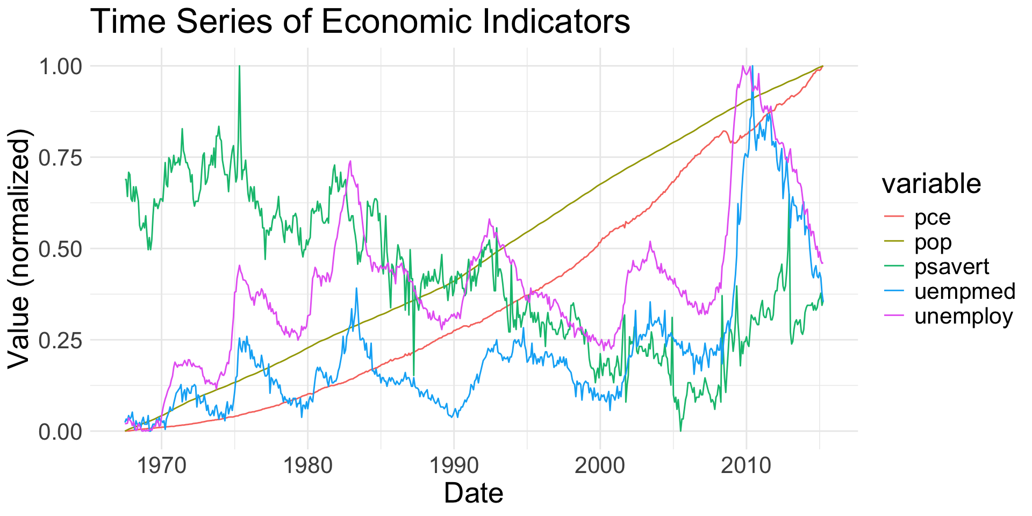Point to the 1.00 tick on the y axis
point(60,67)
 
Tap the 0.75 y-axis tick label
point(60,158)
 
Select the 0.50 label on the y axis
point(60,249)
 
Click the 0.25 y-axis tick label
point(60,341)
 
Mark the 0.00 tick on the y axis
point(60,432)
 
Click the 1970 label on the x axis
point(162,465)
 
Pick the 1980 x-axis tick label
point(308,465)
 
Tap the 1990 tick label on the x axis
point(454,465)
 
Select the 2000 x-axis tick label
point(600,465)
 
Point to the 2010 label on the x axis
point(746,465)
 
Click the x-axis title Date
point(474,493)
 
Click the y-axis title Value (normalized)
point(20,248)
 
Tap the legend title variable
point(931,184)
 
